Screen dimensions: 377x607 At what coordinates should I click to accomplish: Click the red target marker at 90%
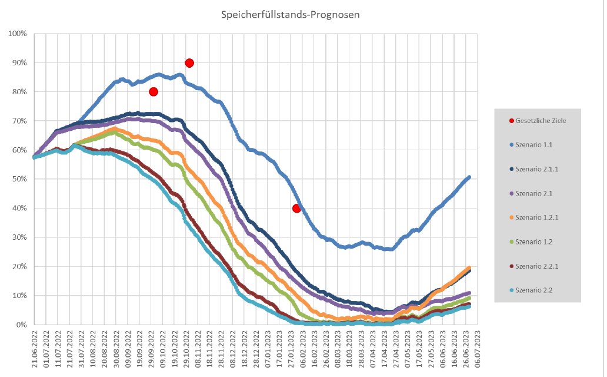(189, 63)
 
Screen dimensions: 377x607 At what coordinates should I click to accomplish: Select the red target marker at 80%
(154, 91)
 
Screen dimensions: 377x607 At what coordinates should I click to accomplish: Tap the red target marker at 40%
(296, 208)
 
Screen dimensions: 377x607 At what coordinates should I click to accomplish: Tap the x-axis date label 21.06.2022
(35, 351)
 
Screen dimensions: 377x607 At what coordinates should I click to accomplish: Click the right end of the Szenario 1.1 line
(469, 177)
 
